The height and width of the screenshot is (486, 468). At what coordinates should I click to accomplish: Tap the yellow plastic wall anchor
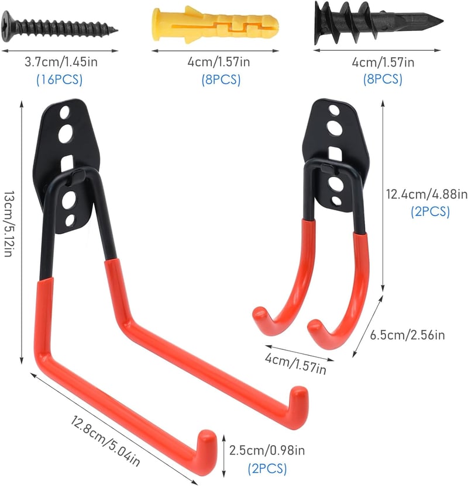click(215, 25)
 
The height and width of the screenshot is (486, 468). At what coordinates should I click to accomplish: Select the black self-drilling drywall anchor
click(378, 22)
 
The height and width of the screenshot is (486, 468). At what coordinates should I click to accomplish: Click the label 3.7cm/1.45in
click(61, 62)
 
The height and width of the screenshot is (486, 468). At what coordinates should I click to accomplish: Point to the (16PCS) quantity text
click(59, 79)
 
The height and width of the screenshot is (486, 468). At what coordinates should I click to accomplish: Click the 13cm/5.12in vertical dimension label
click(9, 224)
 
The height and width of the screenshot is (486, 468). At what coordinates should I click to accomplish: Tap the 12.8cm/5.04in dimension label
click(105, 441)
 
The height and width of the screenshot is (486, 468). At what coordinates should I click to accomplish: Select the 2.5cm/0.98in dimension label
click(267, 450)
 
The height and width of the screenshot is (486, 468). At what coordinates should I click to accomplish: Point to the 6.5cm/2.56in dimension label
click(407, 335)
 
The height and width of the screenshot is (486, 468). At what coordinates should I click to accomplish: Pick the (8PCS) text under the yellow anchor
click(221, 79)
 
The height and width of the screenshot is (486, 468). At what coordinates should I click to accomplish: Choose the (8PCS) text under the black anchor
click(383, 79)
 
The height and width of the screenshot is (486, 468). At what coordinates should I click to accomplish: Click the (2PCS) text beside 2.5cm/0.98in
click(267, 468)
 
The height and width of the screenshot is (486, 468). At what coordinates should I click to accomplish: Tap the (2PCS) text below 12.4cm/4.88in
click(430, 212)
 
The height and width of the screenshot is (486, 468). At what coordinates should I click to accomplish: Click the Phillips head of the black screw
click(8, 26)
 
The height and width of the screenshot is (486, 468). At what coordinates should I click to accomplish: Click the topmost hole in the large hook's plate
click(65, 112)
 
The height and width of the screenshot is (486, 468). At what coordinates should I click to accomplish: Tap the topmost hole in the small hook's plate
click(334, 110)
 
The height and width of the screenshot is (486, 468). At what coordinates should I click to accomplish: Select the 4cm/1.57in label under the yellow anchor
click(218, 62)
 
